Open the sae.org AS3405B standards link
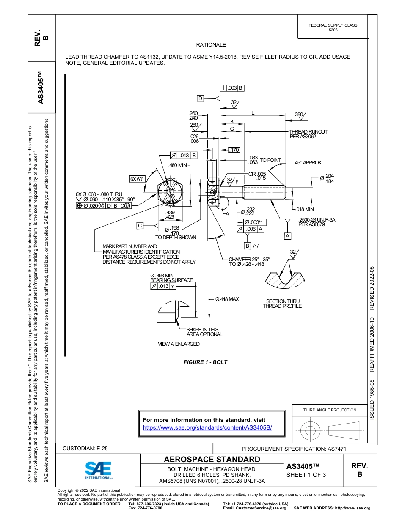[207, 427]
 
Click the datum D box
[201, 98]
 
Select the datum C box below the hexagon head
[140, 225]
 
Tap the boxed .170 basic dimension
[234, 150]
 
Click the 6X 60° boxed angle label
[138, 179]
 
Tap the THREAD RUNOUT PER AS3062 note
[308, 134]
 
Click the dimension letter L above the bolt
[253, 112]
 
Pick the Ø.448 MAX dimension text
[227, 299]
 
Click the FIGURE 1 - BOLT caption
[206, 362]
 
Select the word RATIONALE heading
[211, 45]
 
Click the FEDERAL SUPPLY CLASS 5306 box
[333, 27]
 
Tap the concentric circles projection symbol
[311, 430]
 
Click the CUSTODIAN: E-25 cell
[85, 449]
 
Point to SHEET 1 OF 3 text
[306, 475]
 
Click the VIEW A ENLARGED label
[179, 344]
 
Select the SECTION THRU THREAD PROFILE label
[282, 304]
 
